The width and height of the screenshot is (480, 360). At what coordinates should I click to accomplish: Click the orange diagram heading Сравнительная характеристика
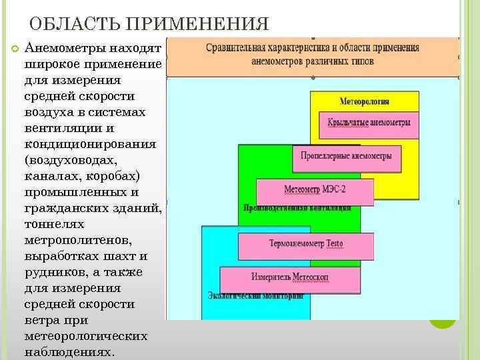tap(312, 54)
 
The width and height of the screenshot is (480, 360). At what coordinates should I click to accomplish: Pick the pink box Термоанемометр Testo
tap(306, 244)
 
